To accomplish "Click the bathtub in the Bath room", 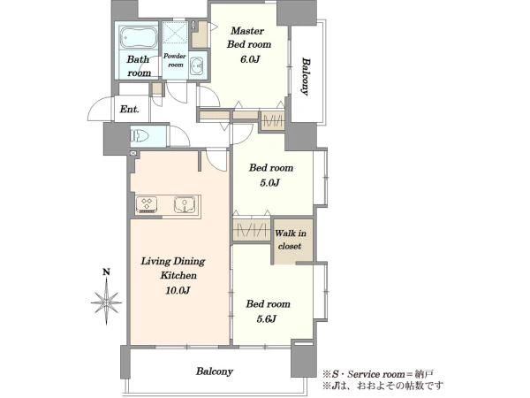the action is coord(139,37).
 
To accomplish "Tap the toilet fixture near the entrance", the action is coord(140,136).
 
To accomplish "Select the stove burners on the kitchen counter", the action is coord(147,205).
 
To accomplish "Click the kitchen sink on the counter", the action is coord(185,205).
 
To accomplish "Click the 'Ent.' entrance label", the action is coord(130,110).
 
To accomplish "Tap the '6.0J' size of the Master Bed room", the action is coord(250,59).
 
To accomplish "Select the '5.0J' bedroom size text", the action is coord(269,183).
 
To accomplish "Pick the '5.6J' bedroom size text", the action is coord(267,318).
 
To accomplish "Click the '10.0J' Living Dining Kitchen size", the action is coord(178,290).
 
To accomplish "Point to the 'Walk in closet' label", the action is coord(291,240).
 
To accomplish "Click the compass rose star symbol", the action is coord(107,302).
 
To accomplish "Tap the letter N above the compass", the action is coord(107,272).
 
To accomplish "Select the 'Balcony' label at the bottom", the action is coord(215,371).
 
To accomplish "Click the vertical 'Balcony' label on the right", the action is coord(306,77).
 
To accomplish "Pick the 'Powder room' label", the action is coord(175,60).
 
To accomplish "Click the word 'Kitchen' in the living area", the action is coord(178,275).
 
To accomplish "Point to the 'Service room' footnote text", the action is coord(376,374).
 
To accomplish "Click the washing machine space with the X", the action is coord(174,33).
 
